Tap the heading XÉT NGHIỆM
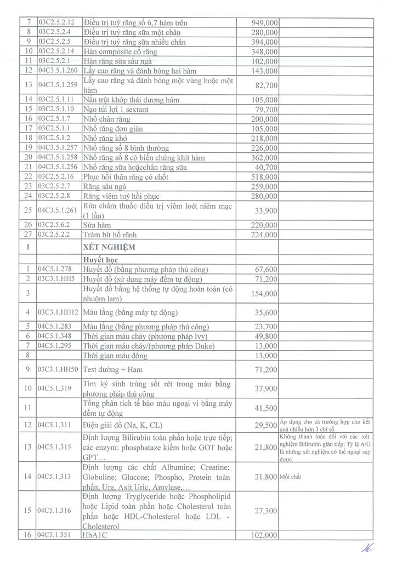(x=109, y=247)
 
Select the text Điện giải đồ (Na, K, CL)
(x=123, y=425)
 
